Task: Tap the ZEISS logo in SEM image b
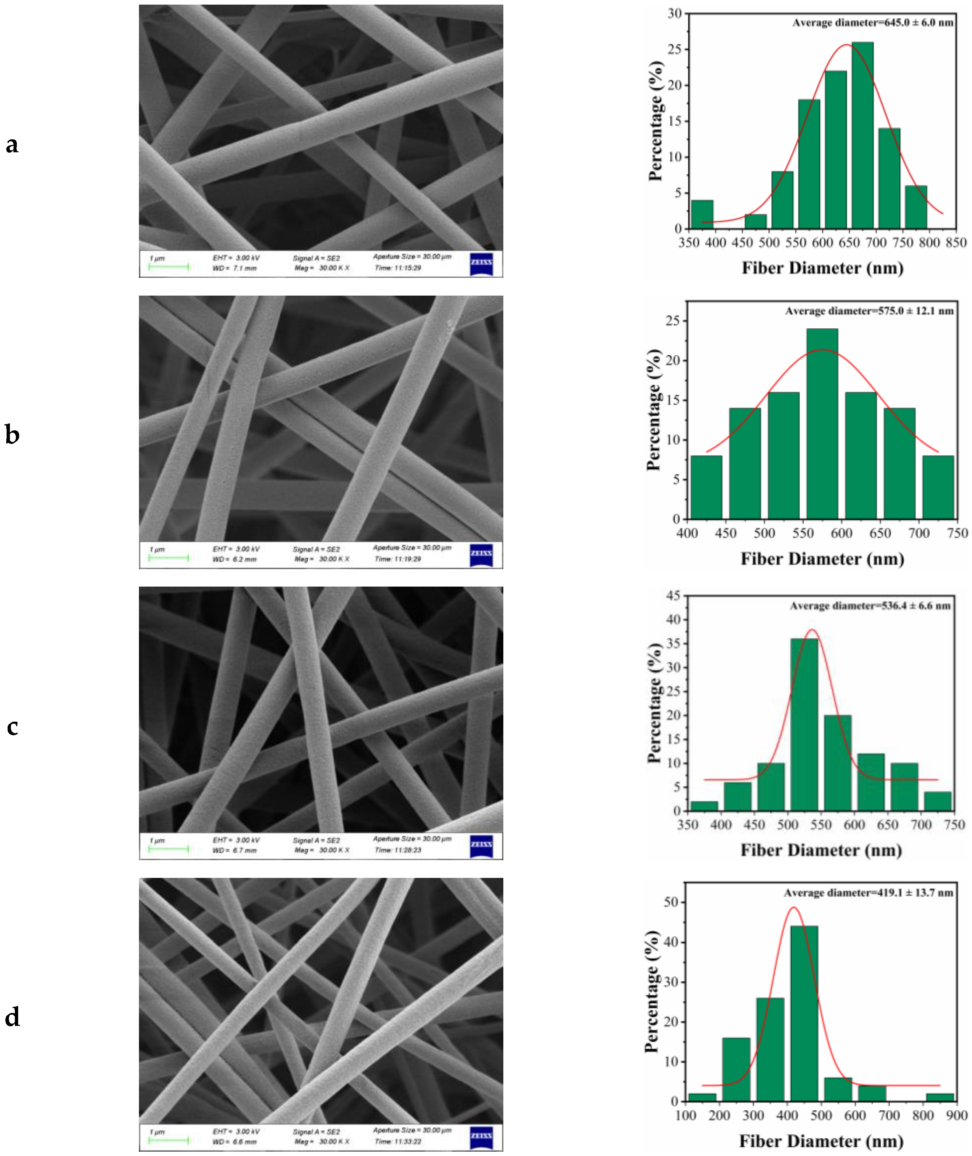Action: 481,554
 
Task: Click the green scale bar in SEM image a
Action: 169,267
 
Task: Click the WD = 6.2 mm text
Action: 234,559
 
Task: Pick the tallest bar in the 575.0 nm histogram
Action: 822,423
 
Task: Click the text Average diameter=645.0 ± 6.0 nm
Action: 873,22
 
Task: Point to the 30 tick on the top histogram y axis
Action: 674,13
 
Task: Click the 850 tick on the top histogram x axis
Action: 956,242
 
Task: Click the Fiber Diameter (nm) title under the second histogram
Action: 822,559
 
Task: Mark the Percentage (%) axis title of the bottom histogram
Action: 652,992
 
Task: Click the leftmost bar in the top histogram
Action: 702,214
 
